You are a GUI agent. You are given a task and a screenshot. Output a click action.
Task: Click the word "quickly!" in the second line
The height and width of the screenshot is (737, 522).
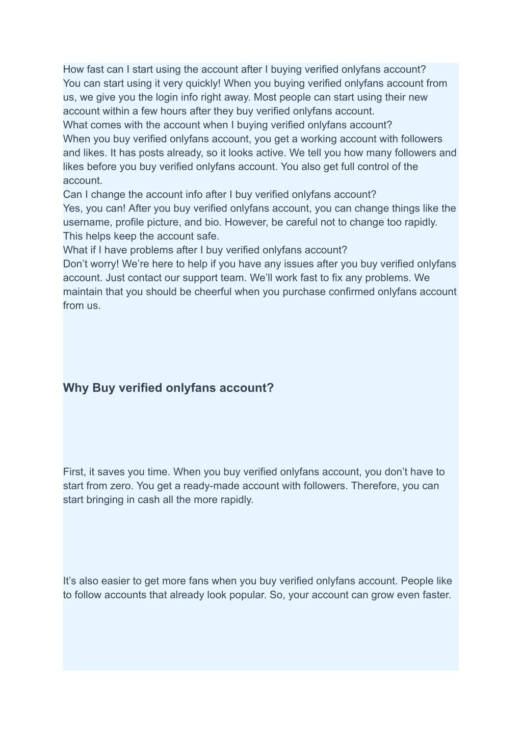pyautogui.click(x=201, y=84)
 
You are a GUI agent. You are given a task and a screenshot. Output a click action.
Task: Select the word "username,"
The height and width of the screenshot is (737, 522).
pyautogui.click(x=87, y=222)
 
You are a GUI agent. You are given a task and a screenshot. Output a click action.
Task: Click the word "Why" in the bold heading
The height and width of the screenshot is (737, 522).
pyautogui.click(x=76, y=388)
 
